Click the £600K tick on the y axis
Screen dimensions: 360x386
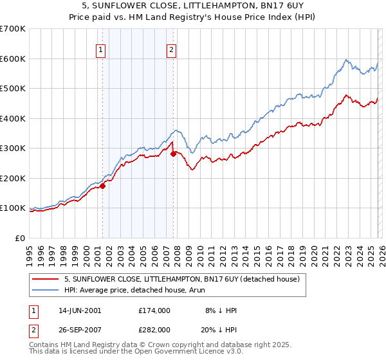point(13,59)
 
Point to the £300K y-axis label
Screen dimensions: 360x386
point(13,148)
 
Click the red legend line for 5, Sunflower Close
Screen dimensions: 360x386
point(47,279)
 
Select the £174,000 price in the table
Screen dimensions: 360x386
point(154,310)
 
